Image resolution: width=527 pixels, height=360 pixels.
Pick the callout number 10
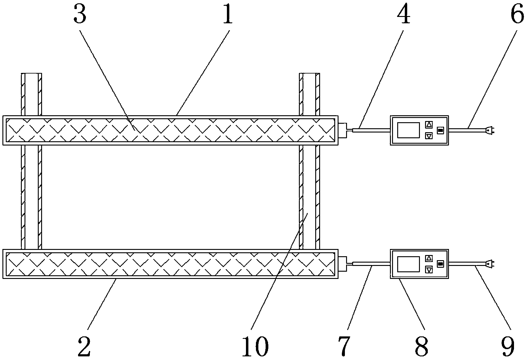coord(255,346)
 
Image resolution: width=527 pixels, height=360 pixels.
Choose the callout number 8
coord(421,346)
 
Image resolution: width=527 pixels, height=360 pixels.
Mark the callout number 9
coord(508,346)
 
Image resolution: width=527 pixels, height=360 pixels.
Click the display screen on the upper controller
coord(408,130)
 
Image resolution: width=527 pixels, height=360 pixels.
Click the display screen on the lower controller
coord(408,264)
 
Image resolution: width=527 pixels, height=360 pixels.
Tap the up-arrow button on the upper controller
coord(429,125)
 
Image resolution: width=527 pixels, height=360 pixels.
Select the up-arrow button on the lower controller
coord(429,258)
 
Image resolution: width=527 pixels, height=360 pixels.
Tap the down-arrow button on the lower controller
coord(429,270)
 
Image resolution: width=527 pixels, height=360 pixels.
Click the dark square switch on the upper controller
coord(440,130)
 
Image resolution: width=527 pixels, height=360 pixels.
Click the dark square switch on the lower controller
coord(440,264)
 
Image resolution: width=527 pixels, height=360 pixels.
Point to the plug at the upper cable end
coord(489,130)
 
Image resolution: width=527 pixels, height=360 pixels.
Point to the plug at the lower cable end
coord(489,264)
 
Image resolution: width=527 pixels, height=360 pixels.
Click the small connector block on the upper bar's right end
coord(342,130)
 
